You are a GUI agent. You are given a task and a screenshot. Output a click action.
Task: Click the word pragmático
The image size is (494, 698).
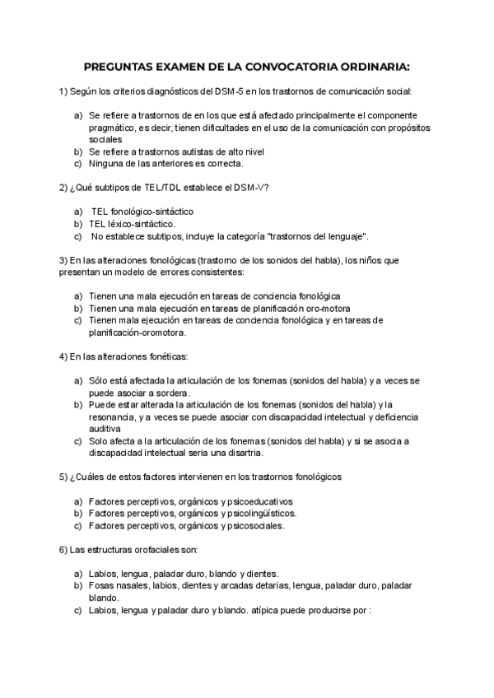116,128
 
